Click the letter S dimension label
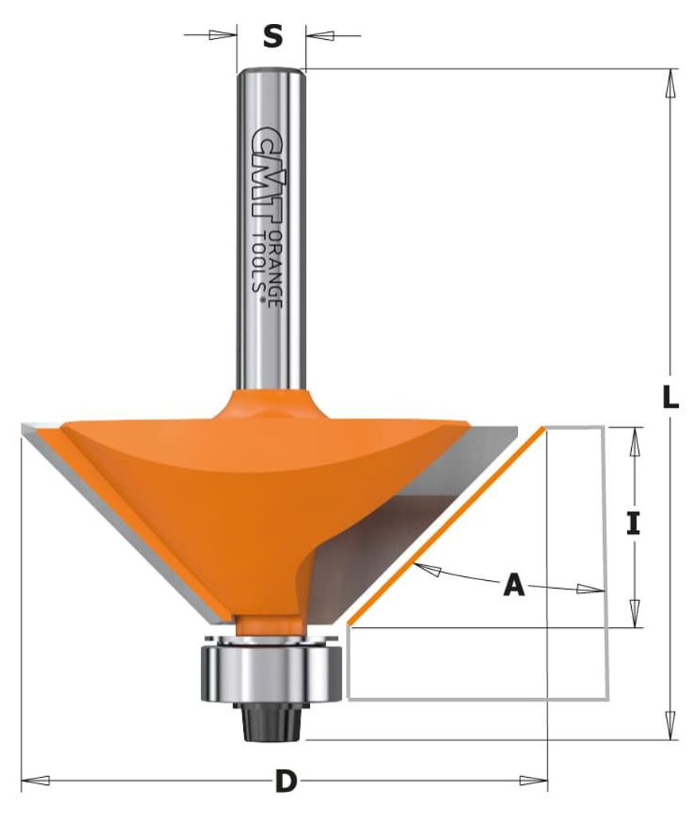(x=272, y=37)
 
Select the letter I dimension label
(x=633, y=524)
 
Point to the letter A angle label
(x=514, y=585)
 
